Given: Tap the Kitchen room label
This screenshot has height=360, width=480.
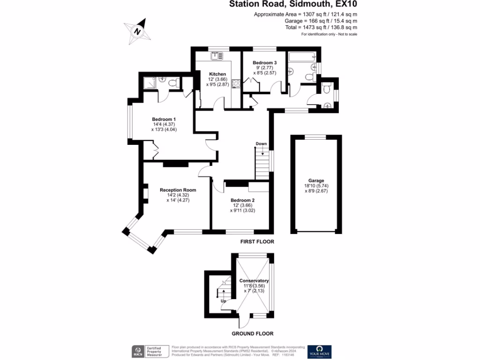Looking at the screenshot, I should pos(217,74).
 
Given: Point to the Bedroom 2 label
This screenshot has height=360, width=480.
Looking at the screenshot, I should pos(242,200).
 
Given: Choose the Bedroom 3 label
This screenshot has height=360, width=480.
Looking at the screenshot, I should pos(264,63).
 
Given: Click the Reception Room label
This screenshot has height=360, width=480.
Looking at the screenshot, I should pos(178,190).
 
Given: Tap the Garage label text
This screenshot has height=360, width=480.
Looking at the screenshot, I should pos(316,180).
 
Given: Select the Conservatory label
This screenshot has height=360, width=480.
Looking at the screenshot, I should pos(254,281).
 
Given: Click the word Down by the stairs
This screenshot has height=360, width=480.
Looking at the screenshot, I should pos(261,143).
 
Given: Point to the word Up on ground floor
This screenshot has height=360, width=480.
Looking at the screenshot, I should pos(224,301).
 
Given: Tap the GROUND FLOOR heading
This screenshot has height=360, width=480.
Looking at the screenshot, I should pos(252,334).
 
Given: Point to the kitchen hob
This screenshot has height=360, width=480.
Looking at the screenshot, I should pos(236,84).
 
